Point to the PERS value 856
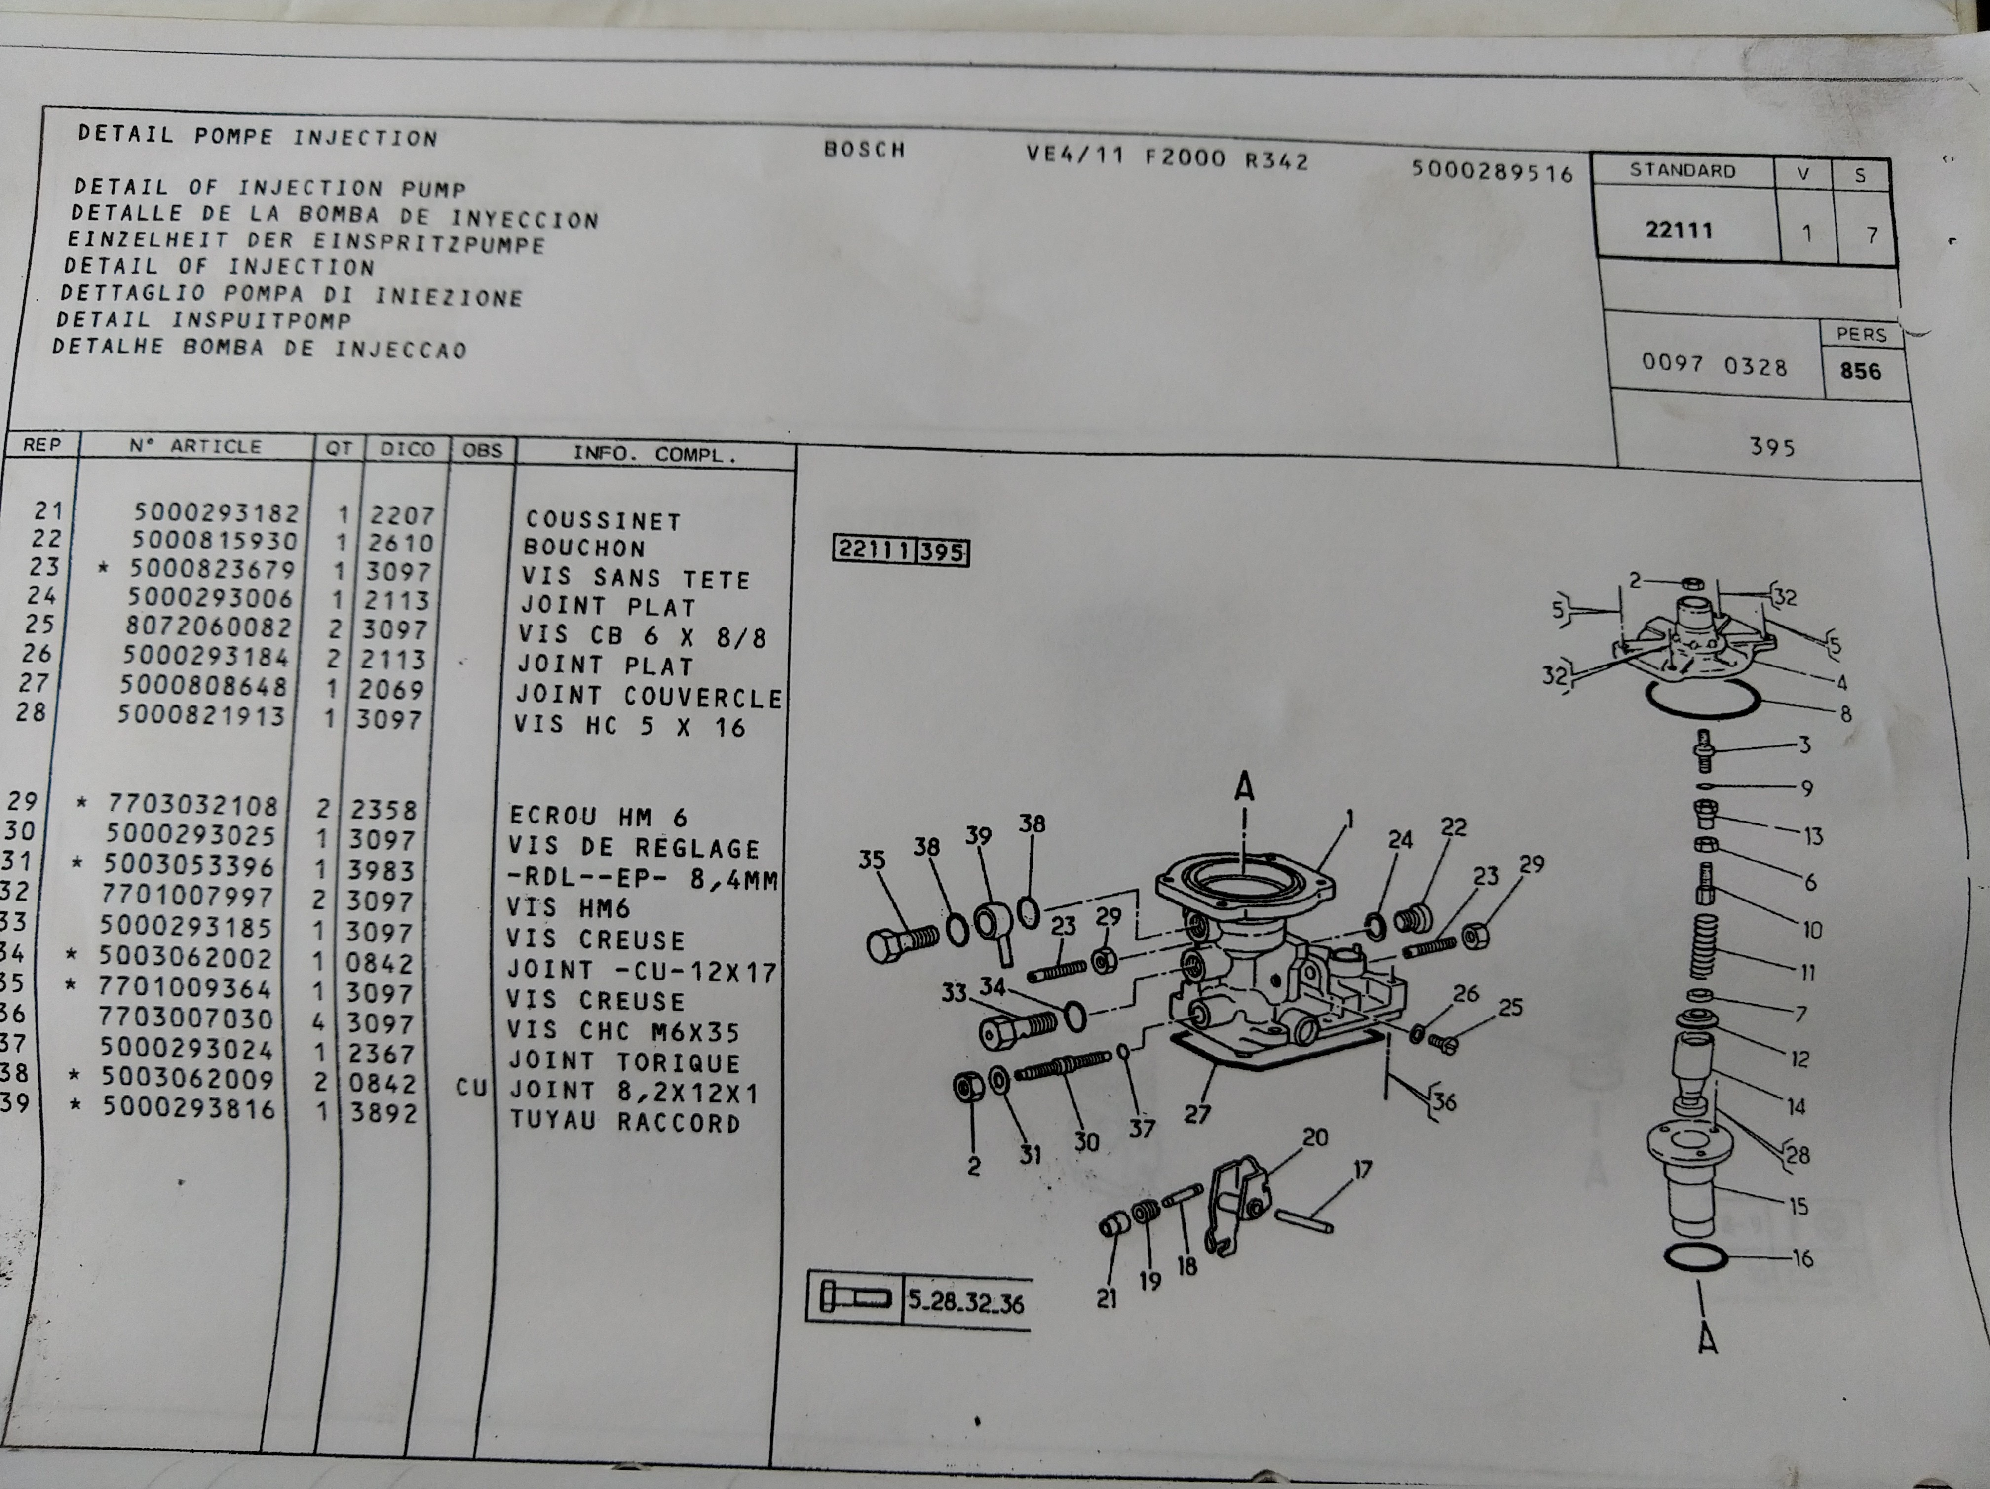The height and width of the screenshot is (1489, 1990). point(1861,371)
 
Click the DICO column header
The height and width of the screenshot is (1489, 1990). point(407,449)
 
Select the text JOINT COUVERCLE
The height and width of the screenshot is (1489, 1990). point(648,697)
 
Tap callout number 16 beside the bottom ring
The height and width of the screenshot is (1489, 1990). point(1802,1258)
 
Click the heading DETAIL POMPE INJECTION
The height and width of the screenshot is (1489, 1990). point(257,136)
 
